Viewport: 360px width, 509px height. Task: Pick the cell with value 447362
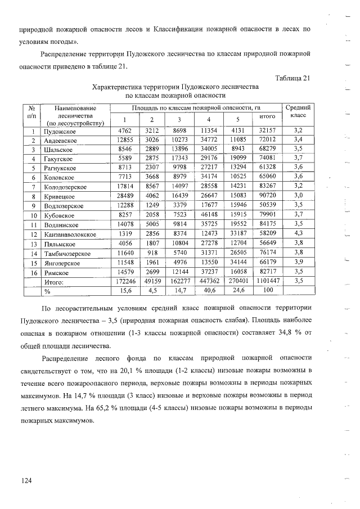pyautogui.click(x=209, y=280)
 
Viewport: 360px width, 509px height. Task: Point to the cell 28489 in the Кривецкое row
pyautogui.click(x=124, y=196)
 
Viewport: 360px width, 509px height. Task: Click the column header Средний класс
pyautogui.click(x=297, y=111)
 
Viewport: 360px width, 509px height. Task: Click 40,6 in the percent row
pyautogui.click(x=209, y=290)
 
